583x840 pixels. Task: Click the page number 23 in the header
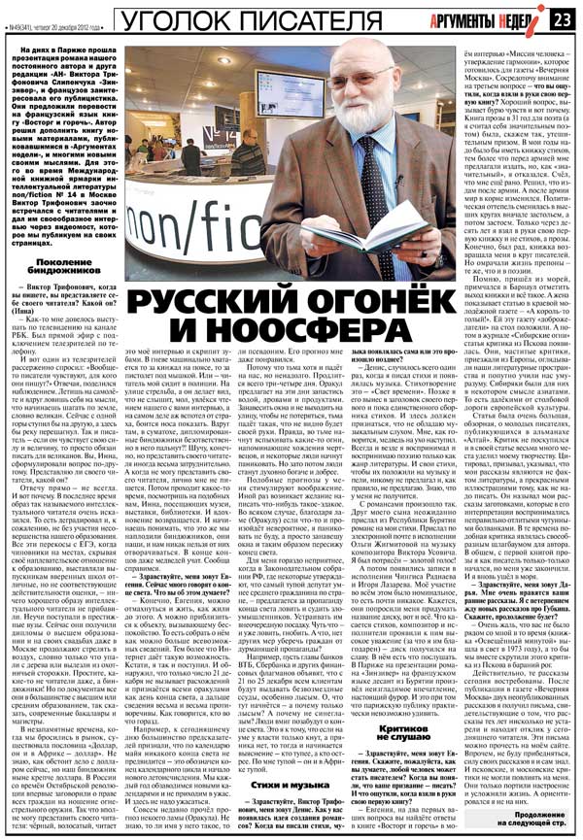pos(564,18)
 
